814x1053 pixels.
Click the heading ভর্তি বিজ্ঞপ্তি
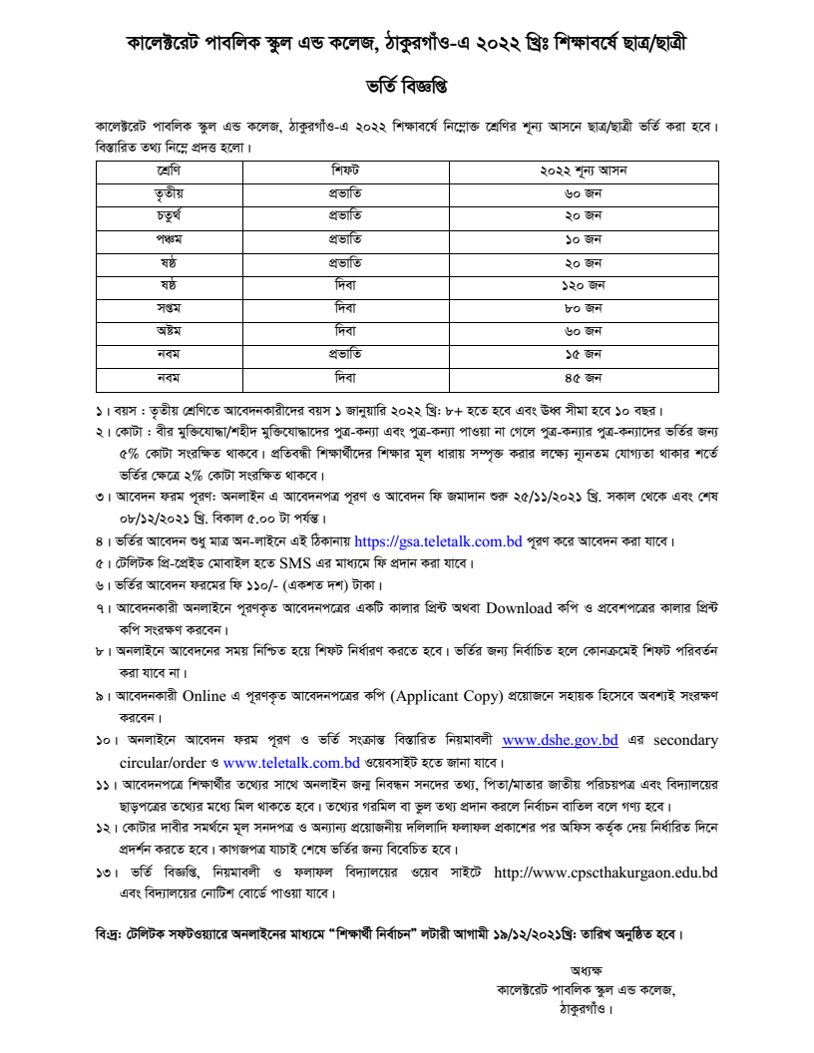pyautogui.click(x=406, y=87)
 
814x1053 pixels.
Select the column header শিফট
pyautogui.click(x=345, y=171)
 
